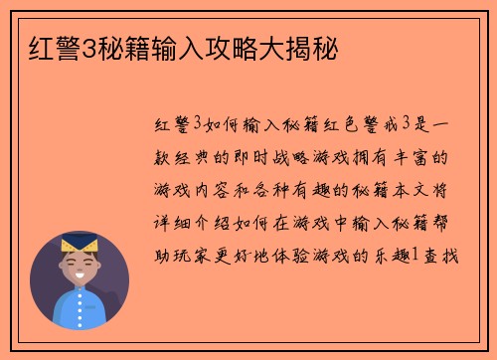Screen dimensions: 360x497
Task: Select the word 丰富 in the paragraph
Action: point(425,157)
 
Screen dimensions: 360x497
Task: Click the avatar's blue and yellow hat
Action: point(79,243)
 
